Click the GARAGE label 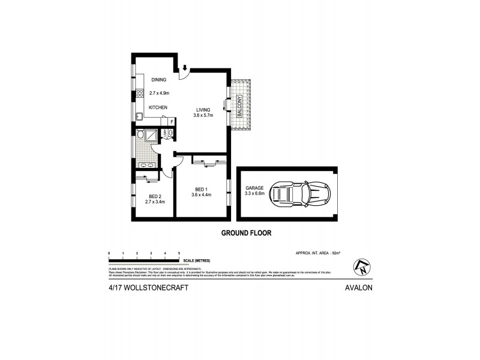254,188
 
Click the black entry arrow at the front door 185,67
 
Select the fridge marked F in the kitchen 172,122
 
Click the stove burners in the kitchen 139,93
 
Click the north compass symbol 362,265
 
